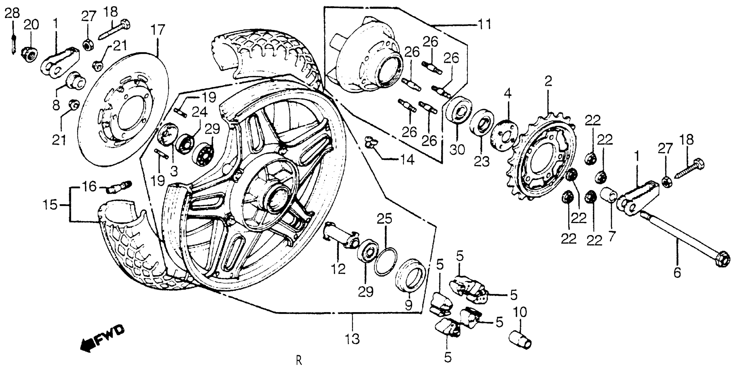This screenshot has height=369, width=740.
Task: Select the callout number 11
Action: point(484,25)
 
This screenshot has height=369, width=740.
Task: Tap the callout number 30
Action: point(457,149)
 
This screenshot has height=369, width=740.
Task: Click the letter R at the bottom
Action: point(299,360)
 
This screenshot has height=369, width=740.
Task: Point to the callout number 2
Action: point(548,82)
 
